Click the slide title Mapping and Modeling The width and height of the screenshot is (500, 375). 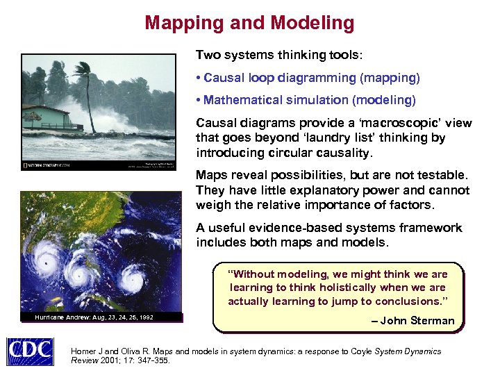[x=249, y=23]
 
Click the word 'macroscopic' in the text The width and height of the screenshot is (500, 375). [x=397, y=123]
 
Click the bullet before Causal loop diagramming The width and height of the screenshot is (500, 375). [x=199, y=77]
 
